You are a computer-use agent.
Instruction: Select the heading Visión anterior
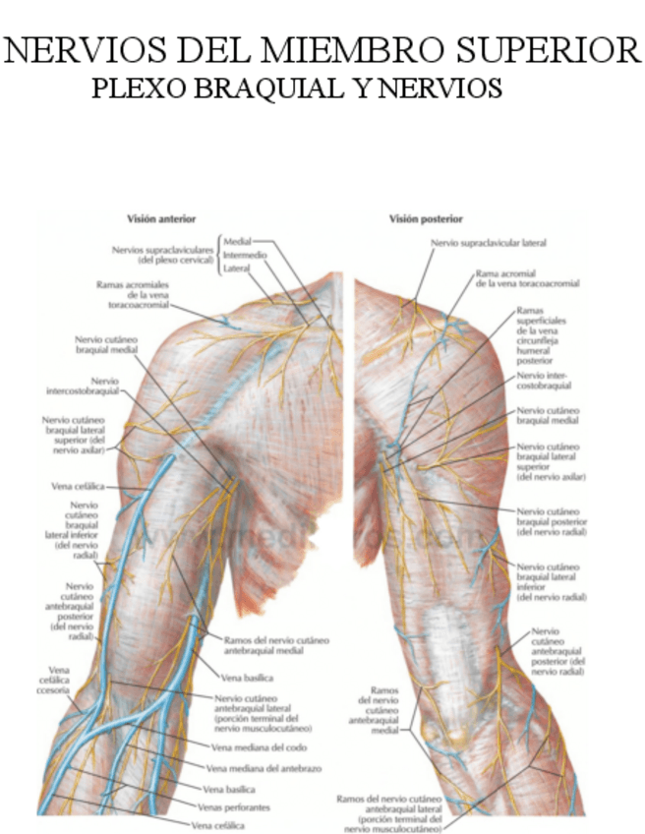[x=162, y=219]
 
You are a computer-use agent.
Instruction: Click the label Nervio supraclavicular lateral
[x=488, y=242]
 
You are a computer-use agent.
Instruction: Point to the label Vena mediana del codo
[x=250, y=747]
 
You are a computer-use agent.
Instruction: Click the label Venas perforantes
[x=233, y=805]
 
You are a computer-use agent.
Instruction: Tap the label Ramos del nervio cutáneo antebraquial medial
[x=276, y=645]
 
